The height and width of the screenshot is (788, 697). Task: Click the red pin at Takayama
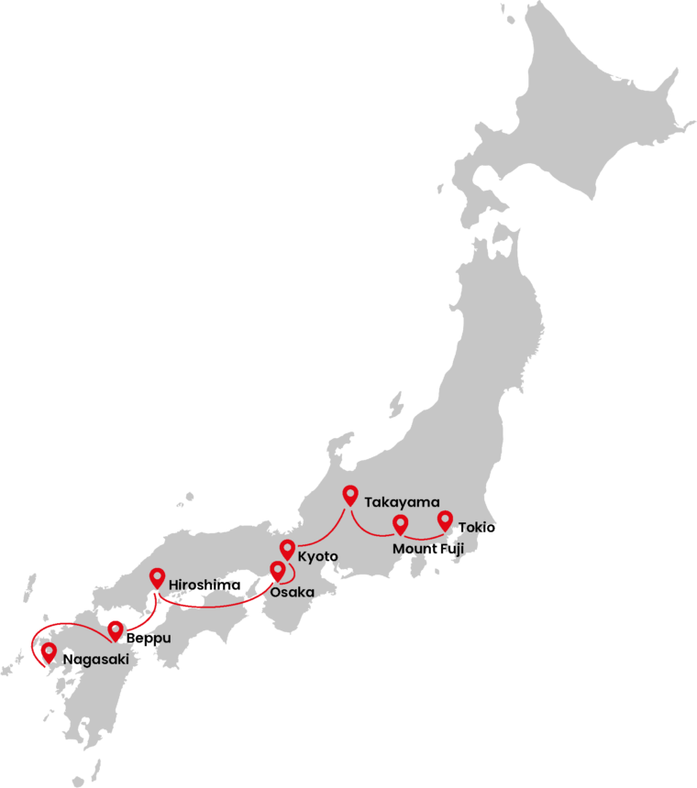349,495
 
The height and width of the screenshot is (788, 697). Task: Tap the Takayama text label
395,502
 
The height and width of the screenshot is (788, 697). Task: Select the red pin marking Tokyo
445,520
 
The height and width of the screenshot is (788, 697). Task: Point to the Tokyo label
470,527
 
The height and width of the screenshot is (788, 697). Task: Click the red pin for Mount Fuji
400,524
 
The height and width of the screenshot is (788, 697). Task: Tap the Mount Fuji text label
428,548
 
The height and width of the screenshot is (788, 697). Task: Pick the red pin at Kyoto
287,550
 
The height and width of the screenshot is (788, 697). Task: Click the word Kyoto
318,556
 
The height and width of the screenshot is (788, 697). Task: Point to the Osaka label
293,592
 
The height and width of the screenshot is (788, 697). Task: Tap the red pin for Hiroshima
157,578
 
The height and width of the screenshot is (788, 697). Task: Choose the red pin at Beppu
116,630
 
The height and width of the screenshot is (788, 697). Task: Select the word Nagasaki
90,659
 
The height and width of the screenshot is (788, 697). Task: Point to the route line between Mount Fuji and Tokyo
424,538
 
